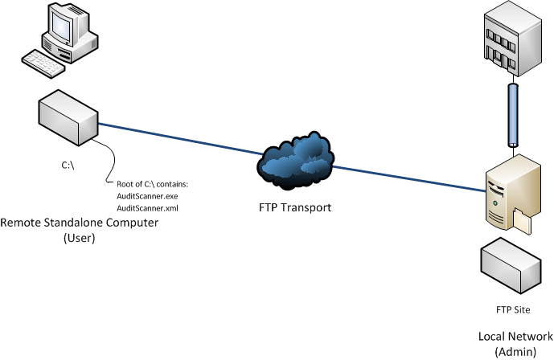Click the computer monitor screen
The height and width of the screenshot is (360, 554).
[64, 27]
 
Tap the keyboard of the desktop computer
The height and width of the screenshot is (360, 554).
[44, 62]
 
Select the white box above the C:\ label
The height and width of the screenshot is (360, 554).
[67, 117]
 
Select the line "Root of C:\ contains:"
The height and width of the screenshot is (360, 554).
[152, 186]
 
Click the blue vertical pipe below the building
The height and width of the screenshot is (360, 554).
[511, 112]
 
